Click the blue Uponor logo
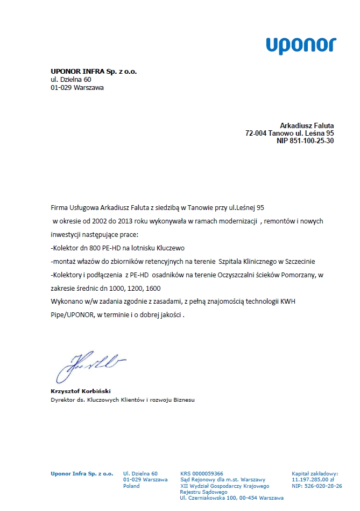[x=301, y=46]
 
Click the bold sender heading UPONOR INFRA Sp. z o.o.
[x=94, y=71]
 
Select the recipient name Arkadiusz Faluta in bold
[x=307, y=125]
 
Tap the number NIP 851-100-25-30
[x=305, y=141]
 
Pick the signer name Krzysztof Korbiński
[x=81, y=391]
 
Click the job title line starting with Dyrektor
[x=123, y=400]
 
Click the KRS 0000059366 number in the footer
[x=202, y=473]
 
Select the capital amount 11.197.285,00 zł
[x=313, y=479]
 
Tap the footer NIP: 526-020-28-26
[x=317, y=486]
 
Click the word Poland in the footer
[x=131, y=486]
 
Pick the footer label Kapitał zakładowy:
[x=315, y=473]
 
